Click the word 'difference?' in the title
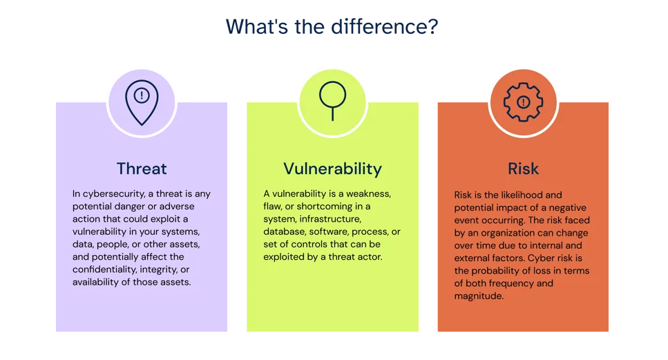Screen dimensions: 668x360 coord(384,26)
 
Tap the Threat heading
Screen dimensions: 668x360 coord(142,169)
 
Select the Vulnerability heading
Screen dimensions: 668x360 coord(333,169)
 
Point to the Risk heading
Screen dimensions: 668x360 coord(523,169)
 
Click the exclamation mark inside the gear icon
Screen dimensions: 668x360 coord(523,102)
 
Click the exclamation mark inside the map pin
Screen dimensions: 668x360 coord(142,95)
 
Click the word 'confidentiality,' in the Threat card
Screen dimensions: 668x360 coord(104,269)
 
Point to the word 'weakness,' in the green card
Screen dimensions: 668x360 coord(368,194)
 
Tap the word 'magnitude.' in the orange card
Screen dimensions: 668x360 coord(479,296)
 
